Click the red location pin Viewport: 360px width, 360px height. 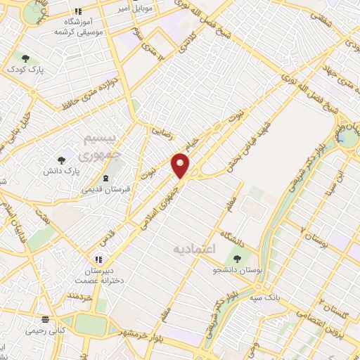[x=181, y=165]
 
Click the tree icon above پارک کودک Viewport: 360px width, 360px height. [x=26, y=58]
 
